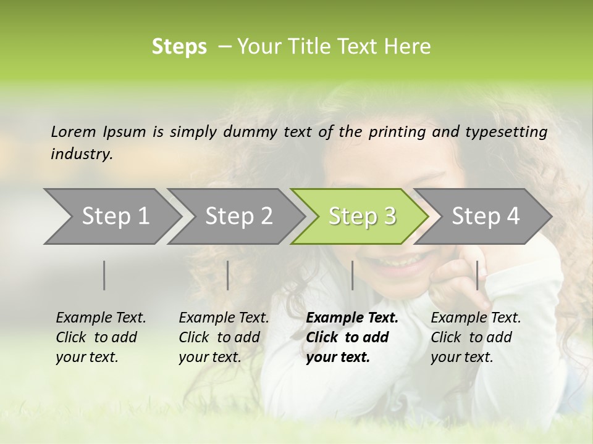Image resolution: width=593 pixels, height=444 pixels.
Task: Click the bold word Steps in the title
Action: [x=179, y=47]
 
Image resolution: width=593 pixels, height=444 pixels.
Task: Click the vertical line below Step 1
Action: [x=104, y=275]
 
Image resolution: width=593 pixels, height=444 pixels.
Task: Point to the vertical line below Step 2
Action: [x=228, y=275]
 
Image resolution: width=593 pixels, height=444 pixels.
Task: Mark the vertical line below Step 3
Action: [x=352, y=275]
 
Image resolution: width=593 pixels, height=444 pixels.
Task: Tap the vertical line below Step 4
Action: [x=477, y=275]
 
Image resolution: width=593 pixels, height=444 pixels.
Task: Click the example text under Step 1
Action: [x=101, y=337]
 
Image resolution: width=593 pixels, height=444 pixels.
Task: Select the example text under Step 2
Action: [x=224, y=337]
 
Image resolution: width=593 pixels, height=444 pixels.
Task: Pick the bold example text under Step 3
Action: [x=351, y=337]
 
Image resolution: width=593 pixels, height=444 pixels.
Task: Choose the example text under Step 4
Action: [x=476, y=337]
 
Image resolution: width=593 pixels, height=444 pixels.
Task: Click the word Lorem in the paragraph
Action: [x=74, y=131]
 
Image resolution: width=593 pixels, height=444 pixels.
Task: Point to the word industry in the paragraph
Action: [x=81, y=154]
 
